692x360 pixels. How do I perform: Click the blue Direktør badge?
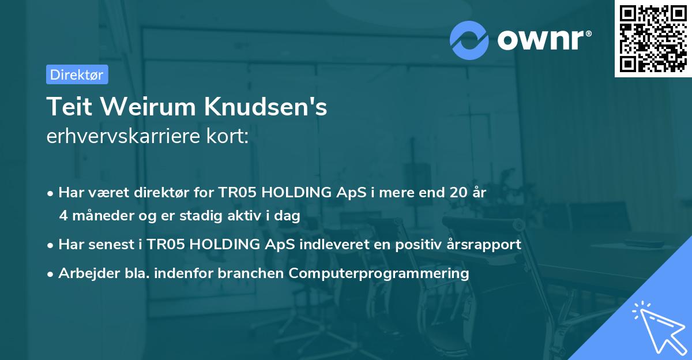click(77, 74)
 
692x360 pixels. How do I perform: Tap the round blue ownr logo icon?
click(469, 40)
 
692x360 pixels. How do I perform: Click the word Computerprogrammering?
click(379, 273)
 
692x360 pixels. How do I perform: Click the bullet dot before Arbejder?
click(51, 273)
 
